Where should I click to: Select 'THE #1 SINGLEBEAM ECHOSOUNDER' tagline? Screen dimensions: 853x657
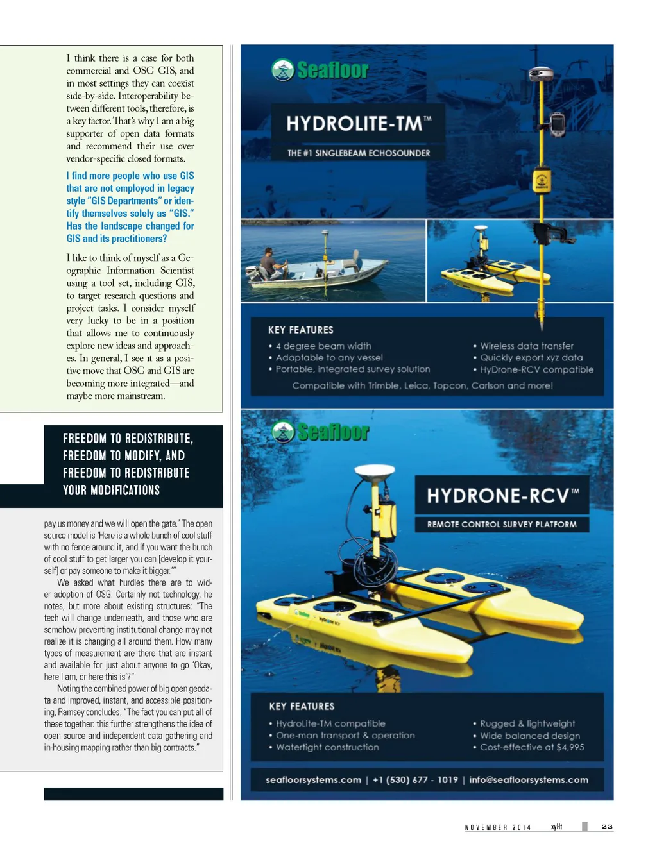359,153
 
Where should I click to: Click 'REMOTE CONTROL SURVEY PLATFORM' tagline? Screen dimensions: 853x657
502,525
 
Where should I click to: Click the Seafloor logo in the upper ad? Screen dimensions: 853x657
320,70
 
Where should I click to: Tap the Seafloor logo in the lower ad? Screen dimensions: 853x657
320,432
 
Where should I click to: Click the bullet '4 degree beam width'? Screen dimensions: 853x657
323,346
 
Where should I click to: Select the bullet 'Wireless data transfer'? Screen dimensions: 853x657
526,346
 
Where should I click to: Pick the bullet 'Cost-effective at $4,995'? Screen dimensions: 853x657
531,747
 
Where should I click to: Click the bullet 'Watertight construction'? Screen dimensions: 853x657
327,747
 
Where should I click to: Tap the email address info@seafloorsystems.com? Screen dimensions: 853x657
528,780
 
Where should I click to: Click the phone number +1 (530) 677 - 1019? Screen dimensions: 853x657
415,780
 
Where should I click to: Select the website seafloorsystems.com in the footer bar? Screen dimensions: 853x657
313,780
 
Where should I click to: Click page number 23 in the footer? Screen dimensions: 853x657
607,827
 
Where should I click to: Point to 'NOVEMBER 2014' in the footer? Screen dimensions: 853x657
498,827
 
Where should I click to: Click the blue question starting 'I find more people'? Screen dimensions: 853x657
130,207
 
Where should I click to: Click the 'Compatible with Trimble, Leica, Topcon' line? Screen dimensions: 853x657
422,386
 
